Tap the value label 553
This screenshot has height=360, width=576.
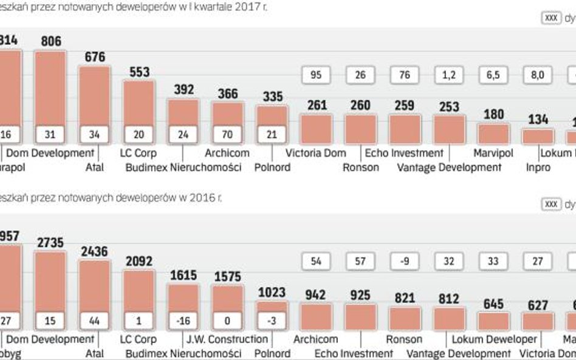click(139, 72)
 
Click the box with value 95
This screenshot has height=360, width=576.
click(316, 75)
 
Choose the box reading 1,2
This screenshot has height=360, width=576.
click(450, 75)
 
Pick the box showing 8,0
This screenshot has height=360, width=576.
click(538, 75)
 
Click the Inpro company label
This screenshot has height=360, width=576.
click(538, 167)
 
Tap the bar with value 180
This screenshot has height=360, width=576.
click(493, 134)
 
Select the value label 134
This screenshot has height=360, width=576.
click(538, 120)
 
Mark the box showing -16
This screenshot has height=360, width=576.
click(183, 321)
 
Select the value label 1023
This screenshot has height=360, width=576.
click(272, 292)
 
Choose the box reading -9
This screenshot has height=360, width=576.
click(405, 261)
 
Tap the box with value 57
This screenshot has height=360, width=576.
click(360, 261)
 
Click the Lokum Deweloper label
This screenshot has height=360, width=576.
click(494, 339)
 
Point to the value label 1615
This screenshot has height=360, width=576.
click(183, 275)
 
